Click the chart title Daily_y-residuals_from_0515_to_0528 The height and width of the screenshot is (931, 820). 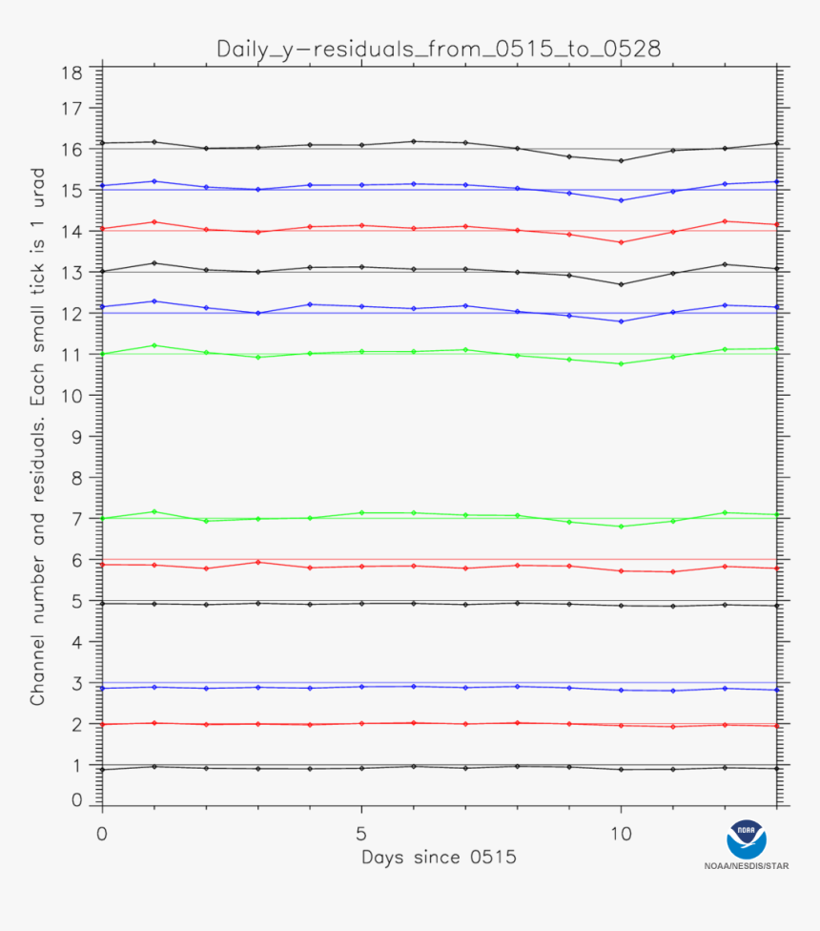439,49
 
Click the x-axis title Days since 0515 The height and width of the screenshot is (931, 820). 439,858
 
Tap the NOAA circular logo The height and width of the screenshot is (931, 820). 747,839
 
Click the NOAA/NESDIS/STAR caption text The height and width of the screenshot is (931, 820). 747,866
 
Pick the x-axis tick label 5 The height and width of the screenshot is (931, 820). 361,833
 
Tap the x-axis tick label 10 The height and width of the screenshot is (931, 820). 621,833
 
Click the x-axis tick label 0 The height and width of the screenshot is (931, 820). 102,833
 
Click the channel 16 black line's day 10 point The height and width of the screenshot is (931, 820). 621,160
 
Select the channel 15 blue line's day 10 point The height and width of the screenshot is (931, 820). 621,200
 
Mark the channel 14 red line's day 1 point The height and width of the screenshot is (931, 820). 154,222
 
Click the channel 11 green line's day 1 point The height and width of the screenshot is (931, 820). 154,345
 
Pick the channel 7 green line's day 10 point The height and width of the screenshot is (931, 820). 621,527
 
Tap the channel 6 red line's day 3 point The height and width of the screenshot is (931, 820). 257,562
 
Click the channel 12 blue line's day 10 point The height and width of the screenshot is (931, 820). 621,321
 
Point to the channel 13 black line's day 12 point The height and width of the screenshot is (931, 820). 725,264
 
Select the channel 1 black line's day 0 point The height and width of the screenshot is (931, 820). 102,769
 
